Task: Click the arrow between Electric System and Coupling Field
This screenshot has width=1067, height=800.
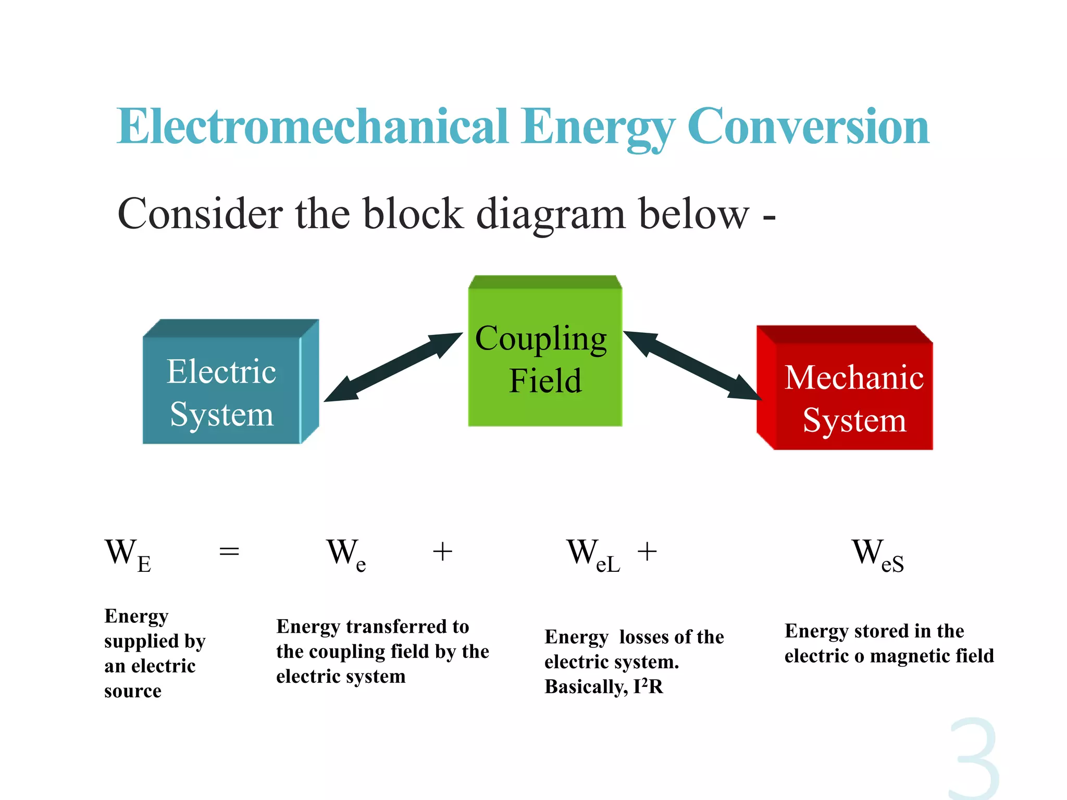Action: [x=393, y=367]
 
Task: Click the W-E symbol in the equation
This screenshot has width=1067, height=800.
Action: [x=128, y=555]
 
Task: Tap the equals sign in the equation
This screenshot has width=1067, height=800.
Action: [x=229, y=551]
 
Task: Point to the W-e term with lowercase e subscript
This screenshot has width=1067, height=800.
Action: [x=346, y=555]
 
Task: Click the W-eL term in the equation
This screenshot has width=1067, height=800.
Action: [x=593, y=555]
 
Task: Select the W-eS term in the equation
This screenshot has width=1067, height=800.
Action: [x=877, y=555]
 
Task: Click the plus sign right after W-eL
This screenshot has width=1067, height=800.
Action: [x=647, y=551]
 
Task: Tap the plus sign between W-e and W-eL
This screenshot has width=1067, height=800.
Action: [x=442, y=551]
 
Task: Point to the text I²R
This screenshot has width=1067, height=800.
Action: [x=648, y=686]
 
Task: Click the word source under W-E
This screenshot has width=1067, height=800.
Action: [x=132, y=691]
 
